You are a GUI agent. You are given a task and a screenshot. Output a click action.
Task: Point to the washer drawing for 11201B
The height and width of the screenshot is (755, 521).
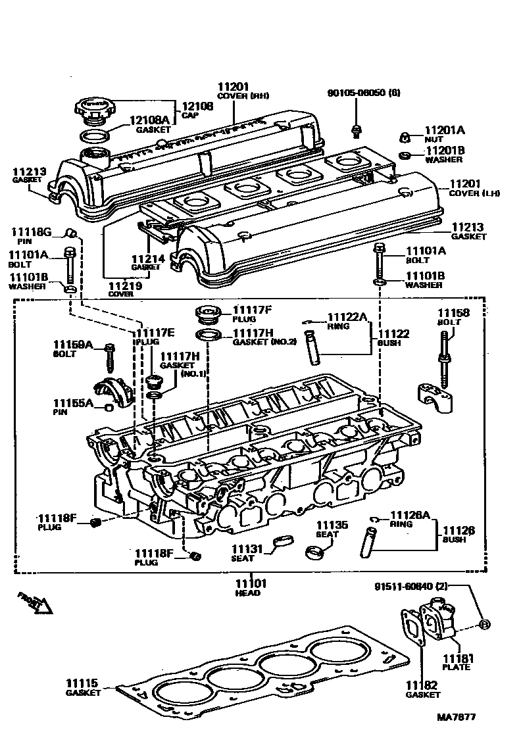click(407, 155)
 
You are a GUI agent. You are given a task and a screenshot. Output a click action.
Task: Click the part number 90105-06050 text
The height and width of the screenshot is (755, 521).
click(363, 93)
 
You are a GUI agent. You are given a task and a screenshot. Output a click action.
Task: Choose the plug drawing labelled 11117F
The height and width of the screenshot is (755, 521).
click(206, 314)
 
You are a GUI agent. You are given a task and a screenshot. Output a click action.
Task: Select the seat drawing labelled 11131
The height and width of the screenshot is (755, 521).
click(284, 541)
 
